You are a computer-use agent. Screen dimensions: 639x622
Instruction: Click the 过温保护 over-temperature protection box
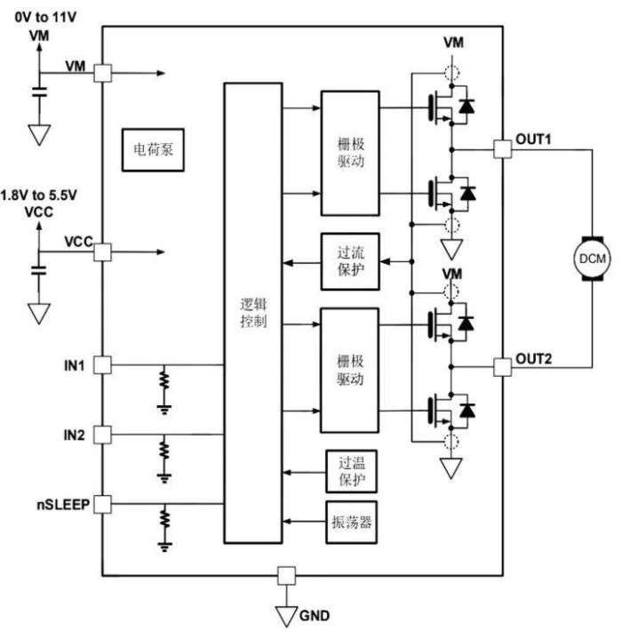350,471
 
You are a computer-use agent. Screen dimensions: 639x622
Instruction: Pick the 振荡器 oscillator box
350,521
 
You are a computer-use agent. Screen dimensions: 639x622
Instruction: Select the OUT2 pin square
502,366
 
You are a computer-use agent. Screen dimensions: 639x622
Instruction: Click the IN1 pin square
102,365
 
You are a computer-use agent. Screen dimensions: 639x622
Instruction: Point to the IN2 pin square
102,435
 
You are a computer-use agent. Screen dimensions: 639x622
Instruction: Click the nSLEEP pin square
102,505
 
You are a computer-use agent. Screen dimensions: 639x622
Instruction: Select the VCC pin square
102,252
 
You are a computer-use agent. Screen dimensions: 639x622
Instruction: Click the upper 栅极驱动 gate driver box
350,153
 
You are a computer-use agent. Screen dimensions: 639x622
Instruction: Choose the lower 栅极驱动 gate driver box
350,370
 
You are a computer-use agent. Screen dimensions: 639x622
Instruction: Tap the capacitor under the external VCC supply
37,270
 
